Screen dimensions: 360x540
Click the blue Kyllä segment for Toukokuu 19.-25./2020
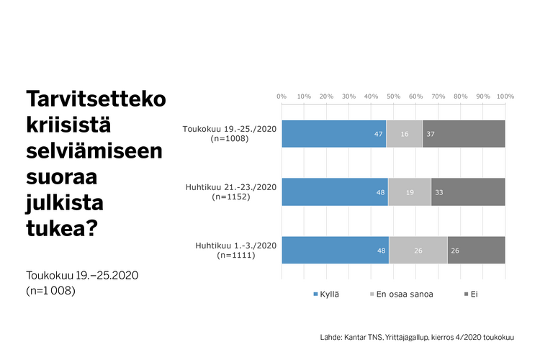(x=333, y=134)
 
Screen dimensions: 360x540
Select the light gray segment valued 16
(x=404, y=134)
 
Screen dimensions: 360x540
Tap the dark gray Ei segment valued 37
(x=464, y=134)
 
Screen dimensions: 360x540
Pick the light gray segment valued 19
(x=409, y=192)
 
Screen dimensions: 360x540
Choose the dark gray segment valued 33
(x=468, y=192)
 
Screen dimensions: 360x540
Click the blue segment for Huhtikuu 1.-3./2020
(x=335, y=251)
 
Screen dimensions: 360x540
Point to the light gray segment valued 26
(x=418, y=251)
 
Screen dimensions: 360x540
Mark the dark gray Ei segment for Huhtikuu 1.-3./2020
(x=476, y=251)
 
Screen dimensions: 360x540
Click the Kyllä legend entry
(x=326, y=294)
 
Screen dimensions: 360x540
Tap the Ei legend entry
(x=470, y=294)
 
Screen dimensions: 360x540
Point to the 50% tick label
(x=393, y=95)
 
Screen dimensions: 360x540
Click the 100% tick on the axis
(x=505, y=95)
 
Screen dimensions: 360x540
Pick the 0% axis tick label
(x=282, y=95)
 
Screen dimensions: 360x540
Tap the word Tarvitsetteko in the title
(x=95, y=99)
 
